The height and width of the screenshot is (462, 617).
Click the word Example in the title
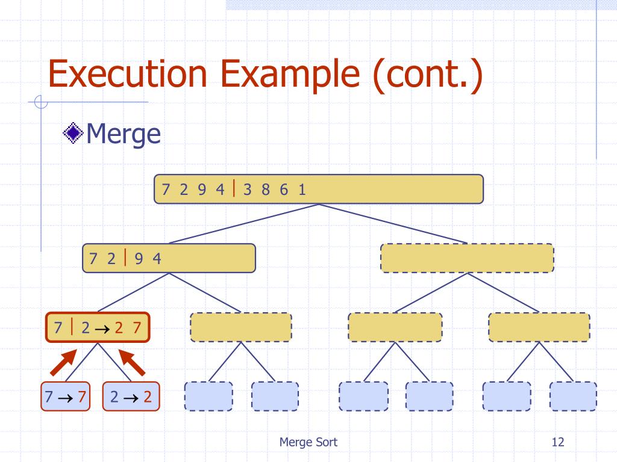point(290,75)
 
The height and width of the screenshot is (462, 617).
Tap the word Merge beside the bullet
point(123,134)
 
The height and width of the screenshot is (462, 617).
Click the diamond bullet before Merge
point(73,133)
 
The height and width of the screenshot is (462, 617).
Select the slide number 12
point(557,442)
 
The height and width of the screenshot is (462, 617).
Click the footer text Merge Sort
point(308,442)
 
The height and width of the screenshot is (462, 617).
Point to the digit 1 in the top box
point(302,189)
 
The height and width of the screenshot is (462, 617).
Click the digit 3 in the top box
point(247,189)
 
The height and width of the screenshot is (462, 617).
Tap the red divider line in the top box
point(234,188)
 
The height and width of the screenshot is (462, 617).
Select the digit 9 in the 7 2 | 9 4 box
point(139,259)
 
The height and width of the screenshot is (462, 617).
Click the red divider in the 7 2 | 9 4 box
point(125,257)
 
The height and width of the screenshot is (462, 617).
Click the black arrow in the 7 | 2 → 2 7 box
point(102,328)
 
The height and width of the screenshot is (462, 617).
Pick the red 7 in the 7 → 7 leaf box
point(82,397)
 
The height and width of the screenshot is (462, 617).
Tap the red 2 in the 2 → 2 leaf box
point(148,397)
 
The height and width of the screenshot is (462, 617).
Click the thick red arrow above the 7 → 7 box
point(63,362)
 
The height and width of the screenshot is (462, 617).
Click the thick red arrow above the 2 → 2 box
point(132,362)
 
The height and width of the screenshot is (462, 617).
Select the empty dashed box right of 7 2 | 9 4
point(467,258)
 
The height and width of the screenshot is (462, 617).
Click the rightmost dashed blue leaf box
point(573,396)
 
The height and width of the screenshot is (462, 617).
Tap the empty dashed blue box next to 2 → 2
point(208,396)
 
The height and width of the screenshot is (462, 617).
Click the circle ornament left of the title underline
point(41,102)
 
